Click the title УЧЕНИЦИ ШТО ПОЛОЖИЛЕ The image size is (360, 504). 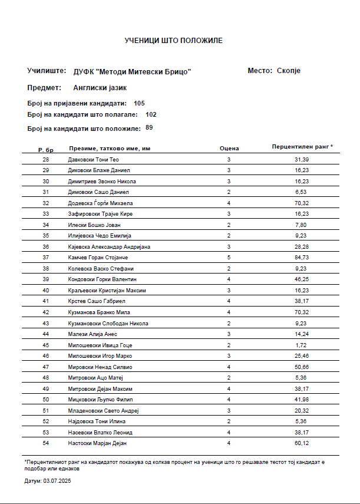coord(173,41)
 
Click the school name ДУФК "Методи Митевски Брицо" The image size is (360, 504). coord(133,71)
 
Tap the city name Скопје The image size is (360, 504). coord(289,71)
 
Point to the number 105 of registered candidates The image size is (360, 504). coord(139,103)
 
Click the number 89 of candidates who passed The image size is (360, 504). coord(149,127)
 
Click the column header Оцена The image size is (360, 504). coord(229,148)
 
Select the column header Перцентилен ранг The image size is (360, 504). coord(302,146)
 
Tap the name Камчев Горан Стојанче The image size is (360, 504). coord(98,258)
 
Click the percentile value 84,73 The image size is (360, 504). coord(302,258)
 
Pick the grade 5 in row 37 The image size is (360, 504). coord(229,258)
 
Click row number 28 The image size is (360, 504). coord(46,160)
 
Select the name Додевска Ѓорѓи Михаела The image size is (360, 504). coord(101,203)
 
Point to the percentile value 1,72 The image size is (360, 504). coord(302,345)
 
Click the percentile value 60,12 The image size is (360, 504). coord(302,443)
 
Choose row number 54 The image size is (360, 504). coord(46,443)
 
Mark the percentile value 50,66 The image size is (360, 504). coord(302,367)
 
